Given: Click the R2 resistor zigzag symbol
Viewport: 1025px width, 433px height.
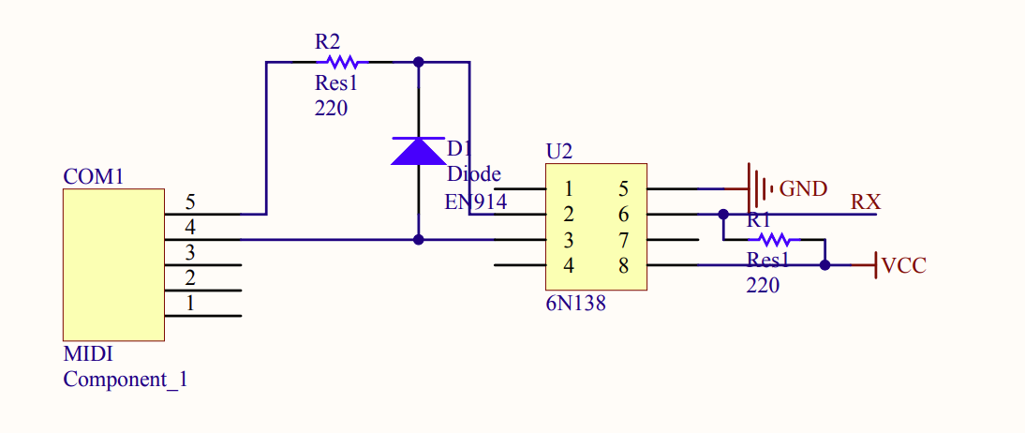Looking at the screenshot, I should [x=343, y=63].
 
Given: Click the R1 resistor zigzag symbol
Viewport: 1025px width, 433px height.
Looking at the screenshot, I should [x=773, y=240].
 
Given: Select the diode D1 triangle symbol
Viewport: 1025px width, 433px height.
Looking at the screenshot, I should [x=418, y=151].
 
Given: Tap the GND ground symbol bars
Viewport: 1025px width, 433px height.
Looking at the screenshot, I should [x=758, y=188].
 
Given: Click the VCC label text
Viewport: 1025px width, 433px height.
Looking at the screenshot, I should [x=904, y=265].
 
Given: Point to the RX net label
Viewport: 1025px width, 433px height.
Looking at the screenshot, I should [x=865, y=202].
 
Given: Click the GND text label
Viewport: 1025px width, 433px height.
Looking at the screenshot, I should [x=803, y=189].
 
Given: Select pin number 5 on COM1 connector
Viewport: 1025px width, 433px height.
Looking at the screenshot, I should [x=190, y=202].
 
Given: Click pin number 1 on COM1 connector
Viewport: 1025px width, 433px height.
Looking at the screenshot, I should [x=190, y=303].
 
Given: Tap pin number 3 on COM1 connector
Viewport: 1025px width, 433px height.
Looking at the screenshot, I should [x=190, y=252].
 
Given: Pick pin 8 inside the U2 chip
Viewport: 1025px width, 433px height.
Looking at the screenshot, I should [x=624, y=265].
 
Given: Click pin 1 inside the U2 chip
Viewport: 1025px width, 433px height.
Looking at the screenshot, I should [x=569, y=189].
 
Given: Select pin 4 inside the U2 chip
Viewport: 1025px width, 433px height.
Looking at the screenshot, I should [x=569, y=265].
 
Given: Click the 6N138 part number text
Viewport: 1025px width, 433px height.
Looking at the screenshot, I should [x=575, y=304].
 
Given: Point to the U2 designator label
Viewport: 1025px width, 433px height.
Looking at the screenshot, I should [x=558, y=152].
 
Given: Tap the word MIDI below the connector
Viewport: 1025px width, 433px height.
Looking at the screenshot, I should [x=88, y=355].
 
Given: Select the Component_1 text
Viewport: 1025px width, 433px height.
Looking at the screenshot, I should [x=125, y=380].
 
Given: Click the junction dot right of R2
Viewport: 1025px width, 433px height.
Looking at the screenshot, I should [x=419, y=63].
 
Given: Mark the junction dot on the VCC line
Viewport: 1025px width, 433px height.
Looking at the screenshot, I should [x=824, y=265].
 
